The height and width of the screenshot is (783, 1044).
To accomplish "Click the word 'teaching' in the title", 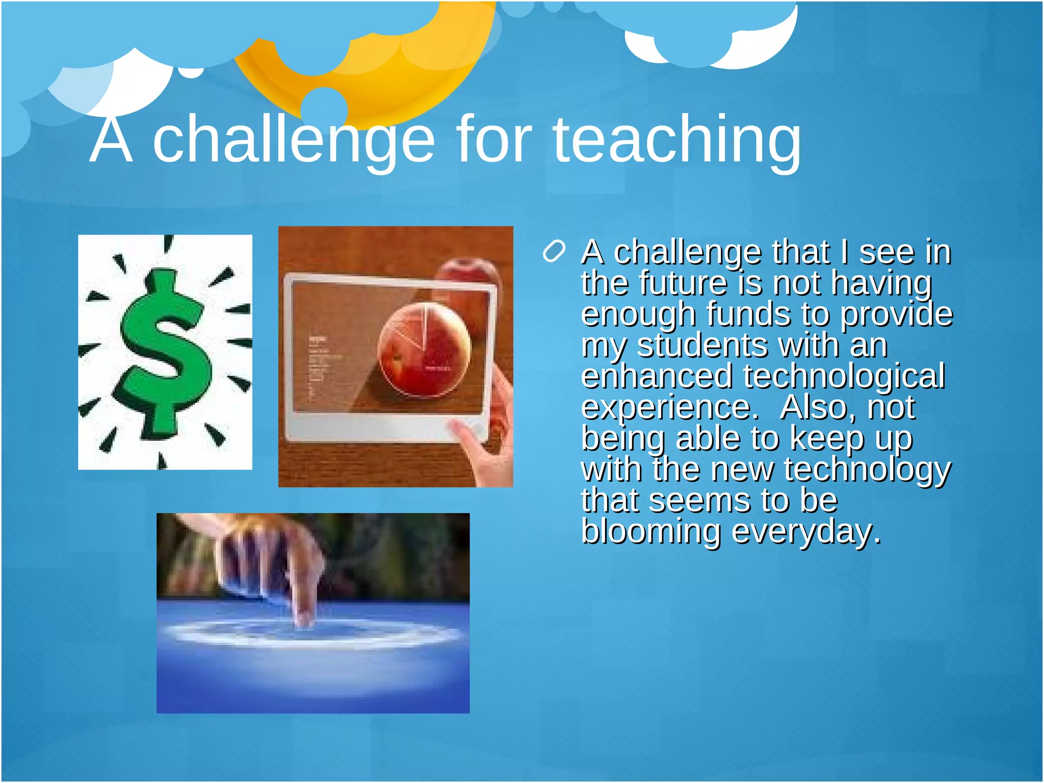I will coord(677,140).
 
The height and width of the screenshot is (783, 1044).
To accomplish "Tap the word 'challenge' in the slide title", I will coord(294,140).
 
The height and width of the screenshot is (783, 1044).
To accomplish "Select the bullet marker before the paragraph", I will coord(554,251).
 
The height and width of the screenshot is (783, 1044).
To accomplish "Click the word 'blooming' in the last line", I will coord(651,532).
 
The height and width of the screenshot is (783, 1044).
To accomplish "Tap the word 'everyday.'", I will coord(806,532).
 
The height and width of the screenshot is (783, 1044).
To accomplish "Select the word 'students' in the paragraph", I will coord(702,345).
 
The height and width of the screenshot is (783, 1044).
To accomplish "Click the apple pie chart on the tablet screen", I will coord(424,350).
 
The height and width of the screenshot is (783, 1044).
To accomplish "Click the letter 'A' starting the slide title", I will coord(111,140).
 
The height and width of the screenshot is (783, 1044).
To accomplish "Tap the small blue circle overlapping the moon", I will coord(324,108).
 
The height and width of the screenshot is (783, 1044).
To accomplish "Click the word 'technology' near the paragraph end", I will coord(867,469).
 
